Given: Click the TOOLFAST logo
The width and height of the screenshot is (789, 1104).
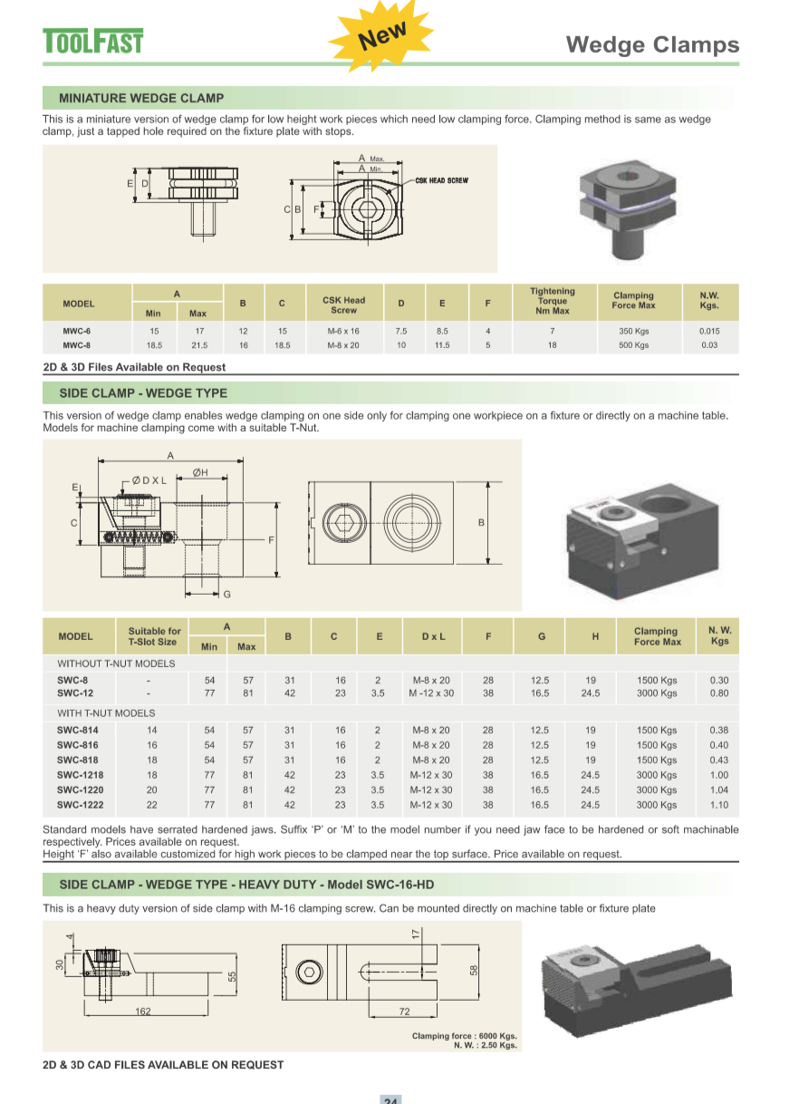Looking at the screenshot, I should point(93,42).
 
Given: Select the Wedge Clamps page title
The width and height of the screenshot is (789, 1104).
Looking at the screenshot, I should point(652,44).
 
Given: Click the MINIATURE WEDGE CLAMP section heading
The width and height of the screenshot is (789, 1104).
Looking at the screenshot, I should point(141,98).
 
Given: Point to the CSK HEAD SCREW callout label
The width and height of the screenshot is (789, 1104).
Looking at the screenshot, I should point(442,181).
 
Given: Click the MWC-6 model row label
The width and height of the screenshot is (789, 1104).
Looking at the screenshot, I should point(76,332).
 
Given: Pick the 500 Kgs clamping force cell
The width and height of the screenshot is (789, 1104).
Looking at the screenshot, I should point(633,345).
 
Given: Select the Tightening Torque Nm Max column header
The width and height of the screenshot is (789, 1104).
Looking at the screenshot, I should point(552,301).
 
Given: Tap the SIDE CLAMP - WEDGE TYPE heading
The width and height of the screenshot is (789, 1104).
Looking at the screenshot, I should point(143,393).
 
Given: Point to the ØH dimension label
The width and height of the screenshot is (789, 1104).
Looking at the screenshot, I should point(200,472).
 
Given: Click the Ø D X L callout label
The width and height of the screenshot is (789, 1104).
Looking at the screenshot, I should point(149,480).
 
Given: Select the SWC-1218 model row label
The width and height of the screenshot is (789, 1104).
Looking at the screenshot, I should point(78,775).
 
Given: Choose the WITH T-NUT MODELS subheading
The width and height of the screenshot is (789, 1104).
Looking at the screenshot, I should point(106,713).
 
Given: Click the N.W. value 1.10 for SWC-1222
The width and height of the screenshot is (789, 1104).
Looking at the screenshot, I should point(719,805).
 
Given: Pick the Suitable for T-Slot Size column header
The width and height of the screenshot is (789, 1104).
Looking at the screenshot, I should point(154,636).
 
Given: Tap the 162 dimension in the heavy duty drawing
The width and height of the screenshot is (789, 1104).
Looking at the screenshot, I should point(142,1011).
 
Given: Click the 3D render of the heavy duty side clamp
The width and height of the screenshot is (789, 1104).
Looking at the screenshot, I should point(634,988).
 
